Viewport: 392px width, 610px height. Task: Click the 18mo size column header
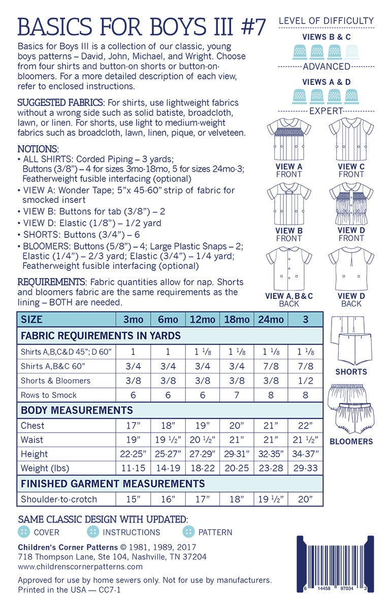coord(237,320)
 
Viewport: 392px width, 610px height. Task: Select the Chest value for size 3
coord(305,425)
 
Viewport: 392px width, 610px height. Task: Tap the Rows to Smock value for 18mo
coord(237,395)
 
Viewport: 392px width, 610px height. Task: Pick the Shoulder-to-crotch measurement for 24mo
coord(271,499)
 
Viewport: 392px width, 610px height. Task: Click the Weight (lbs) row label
coord(45,468)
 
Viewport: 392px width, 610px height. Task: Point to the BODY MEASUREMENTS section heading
coord(76,410)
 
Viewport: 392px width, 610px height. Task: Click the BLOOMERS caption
coord(351,442)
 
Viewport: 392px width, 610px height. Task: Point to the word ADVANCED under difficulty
coord(326,67)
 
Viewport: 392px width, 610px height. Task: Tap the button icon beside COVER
coord(23,532)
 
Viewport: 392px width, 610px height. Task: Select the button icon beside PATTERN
coord(189,532)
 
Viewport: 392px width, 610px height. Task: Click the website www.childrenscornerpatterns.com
coord(80,566)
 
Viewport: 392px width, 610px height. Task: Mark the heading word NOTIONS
coord(38,149)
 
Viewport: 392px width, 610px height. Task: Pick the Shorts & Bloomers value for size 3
coord(305,381)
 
